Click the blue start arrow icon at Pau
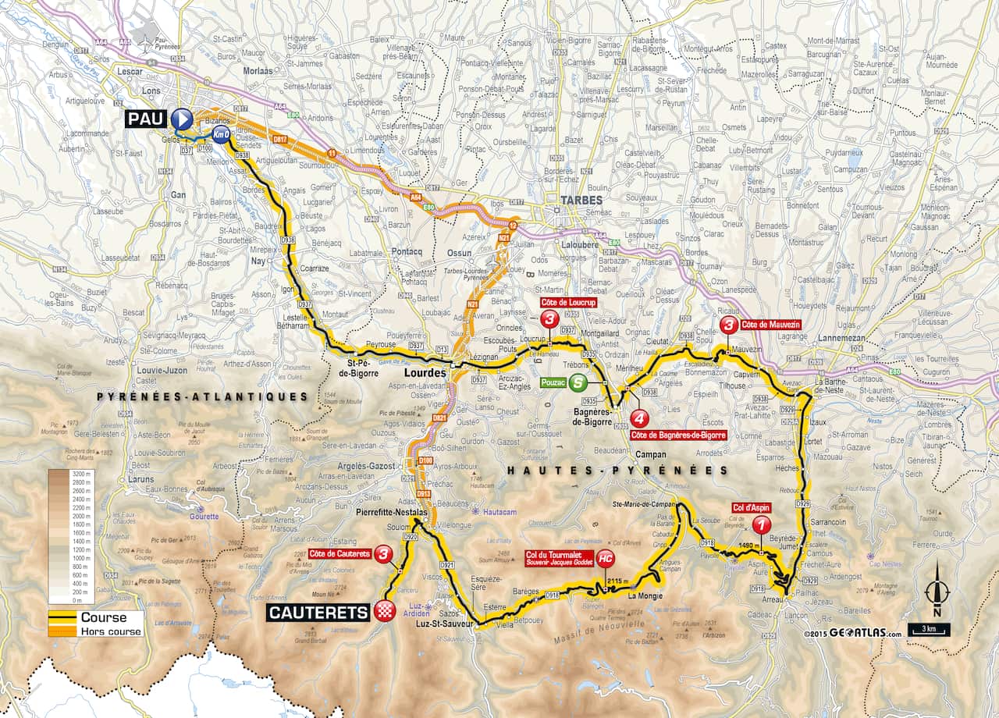[x=182, y=119]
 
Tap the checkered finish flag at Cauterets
[x=382, y=612]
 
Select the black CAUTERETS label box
[x=318, y=613]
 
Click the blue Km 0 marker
[x=221, y=134]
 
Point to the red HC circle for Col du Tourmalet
[x=605, y=558]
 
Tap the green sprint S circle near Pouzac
[x=577, y=382]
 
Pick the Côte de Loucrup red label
[x=567, y=302]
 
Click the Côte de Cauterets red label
[x=339, y=554]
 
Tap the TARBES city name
[x=580, y=201]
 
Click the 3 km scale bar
[x=929, y=630]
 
